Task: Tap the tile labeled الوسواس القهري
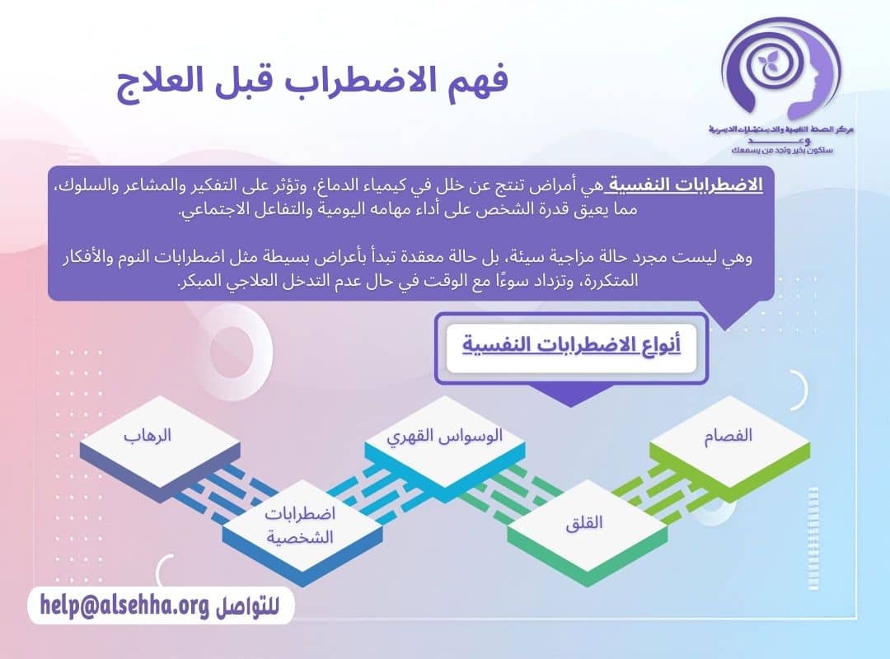[x=445, y=437]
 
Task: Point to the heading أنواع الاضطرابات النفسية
[x=571, y=344]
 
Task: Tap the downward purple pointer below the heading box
[x=571, y=396]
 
